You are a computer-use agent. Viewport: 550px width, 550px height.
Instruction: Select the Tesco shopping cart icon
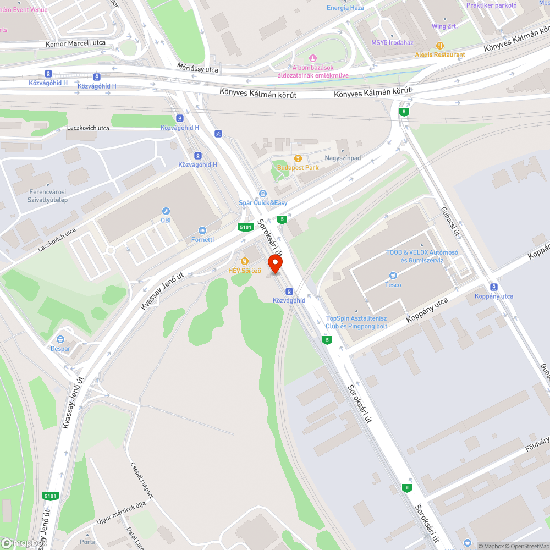[x=393, y=275]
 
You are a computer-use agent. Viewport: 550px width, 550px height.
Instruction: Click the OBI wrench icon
[x=166, y=211]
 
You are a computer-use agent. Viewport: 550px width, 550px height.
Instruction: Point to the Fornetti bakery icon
[x=202, y=230]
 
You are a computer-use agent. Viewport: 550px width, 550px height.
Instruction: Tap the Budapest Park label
[x=298, y=168]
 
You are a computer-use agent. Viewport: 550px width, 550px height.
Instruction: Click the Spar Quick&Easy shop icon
[x=262, y=193]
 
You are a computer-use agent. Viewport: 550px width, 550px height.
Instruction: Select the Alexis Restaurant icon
[x=439, y=45]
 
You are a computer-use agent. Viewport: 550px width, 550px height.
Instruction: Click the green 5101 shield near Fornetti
[x=245, y=227]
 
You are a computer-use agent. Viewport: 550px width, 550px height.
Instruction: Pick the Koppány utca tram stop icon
[x=493, y=287]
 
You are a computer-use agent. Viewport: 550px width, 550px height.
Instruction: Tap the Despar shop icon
[x=61, y=339]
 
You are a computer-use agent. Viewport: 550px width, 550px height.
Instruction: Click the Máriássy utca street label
[x=197, y=68]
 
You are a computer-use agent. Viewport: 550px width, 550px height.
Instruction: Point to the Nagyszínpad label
[x=343, y=158]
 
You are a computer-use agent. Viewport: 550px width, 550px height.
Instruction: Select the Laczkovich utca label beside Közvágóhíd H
[x=88, y=128]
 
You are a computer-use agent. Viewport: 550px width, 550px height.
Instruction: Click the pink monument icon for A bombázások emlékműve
[x=313, y=58]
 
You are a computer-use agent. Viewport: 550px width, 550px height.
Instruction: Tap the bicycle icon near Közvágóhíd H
[x=218, y=133]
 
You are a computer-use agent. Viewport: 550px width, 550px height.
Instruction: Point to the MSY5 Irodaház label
[x=392, y=42]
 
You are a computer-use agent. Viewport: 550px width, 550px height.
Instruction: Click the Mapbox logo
[x=23, y=543]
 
